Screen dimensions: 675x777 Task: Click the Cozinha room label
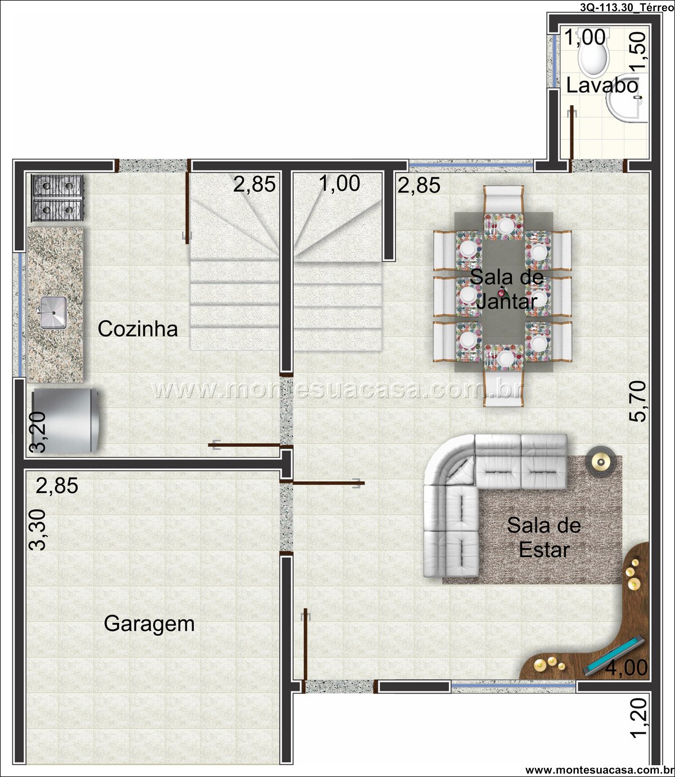click(x=137, y=329)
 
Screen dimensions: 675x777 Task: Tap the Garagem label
click(x=149, y=624)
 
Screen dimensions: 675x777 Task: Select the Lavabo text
click(x=602, y=85)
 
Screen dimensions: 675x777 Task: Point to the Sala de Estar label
click(x=544, y=537)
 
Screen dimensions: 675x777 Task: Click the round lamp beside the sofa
click(x=601, y=462)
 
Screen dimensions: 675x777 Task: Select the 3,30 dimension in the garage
click(x=38, y=530)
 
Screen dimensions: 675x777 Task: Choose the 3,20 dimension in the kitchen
click(x=38, y=432)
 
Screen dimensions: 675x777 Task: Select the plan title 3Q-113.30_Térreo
click(x=627, y=8)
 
